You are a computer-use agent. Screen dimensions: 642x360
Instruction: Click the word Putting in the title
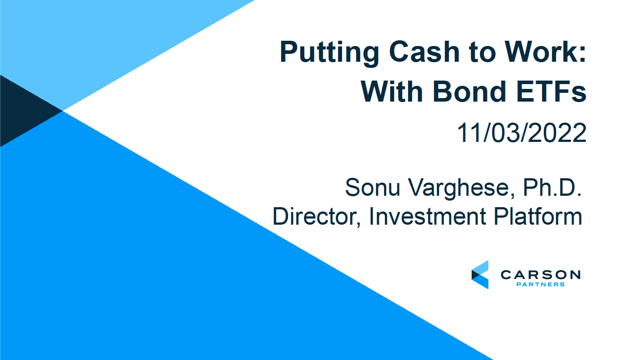tap(329, 53)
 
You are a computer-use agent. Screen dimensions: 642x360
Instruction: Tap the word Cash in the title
tap(424, 52)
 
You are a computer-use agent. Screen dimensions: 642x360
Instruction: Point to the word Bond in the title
tap(469, 92)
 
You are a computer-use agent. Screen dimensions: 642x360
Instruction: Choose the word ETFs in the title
tap(551, 92)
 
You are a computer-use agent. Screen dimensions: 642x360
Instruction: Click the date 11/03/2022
tap(522, 133)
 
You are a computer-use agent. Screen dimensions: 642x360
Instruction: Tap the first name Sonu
tap(373, 187)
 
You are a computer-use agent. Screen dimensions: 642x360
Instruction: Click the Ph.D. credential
tap(552, 187)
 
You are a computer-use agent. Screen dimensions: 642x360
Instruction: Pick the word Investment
tap(427, 216)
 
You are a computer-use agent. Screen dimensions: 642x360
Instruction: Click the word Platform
tap(538, 216)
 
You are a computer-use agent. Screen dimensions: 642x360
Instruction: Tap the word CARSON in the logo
tap(540, 275)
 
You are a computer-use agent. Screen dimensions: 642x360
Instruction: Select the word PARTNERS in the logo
tap(540, 284)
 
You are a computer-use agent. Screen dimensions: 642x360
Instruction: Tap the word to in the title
tap(482, 53)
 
